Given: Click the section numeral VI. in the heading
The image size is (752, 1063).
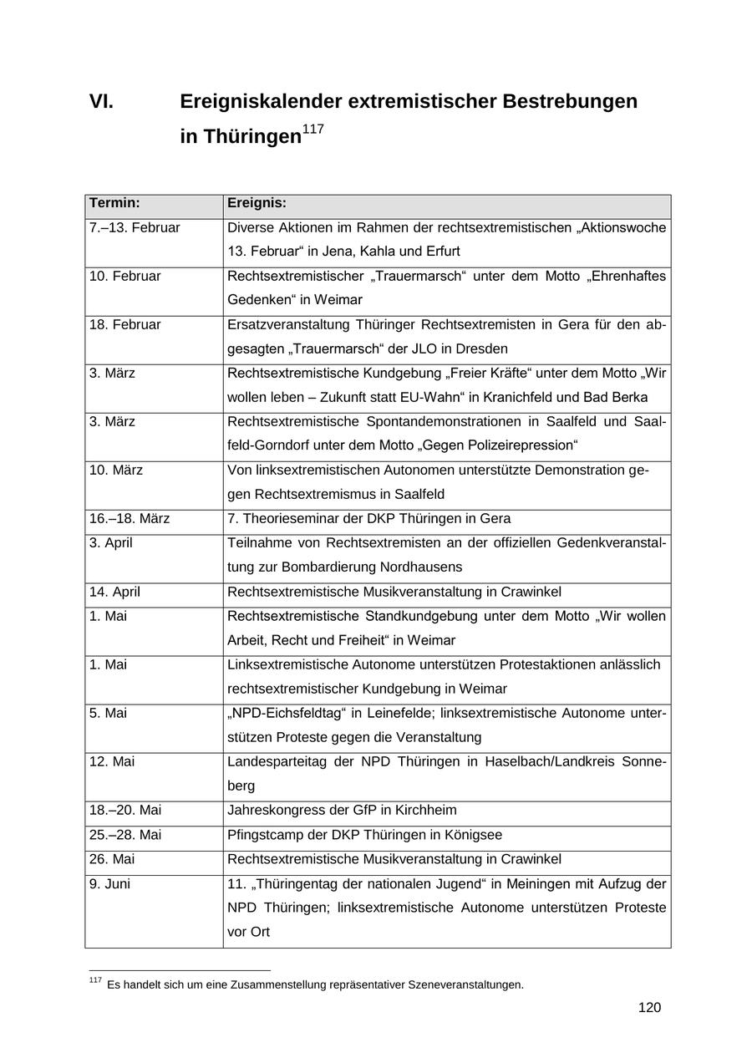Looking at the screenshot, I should point(101,102).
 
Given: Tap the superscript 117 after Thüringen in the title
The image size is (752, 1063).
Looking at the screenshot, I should point(312,130).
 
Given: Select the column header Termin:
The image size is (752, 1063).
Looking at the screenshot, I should point(114,203).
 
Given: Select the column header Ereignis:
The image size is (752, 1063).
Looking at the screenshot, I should point(257,203).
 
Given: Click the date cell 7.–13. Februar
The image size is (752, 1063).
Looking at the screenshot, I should point(135,227).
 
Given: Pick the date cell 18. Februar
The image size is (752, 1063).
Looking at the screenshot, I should point(124,324).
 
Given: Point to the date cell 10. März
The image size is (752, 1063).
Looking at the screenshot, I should point(116,470).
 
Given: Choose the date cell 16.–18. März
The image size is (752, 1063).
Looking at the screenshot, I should point(130,518).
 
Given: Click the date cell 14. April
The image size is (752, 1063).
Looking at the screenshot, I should point(114,592).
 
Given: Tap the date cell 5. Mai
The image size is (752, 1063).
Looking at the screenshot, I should point(108,713).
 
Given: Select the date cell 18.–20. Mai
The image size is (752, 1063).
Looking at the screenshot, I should point(125,810).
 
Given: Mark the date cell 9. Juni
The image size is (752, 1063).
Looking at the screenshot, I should point(109,883).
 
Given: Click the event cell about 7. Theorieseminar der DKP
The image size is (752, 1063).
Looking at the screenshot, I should point(368,518).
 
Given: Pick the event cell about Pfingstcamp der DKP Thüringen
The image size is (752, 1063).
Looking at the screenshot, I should point(364,834).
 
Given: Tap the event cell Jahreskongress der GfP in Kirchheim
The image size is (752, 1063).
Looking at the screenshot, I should point(342,810).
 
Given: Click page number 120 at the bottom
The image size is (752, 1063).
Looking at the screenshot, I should point(649,1007).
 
